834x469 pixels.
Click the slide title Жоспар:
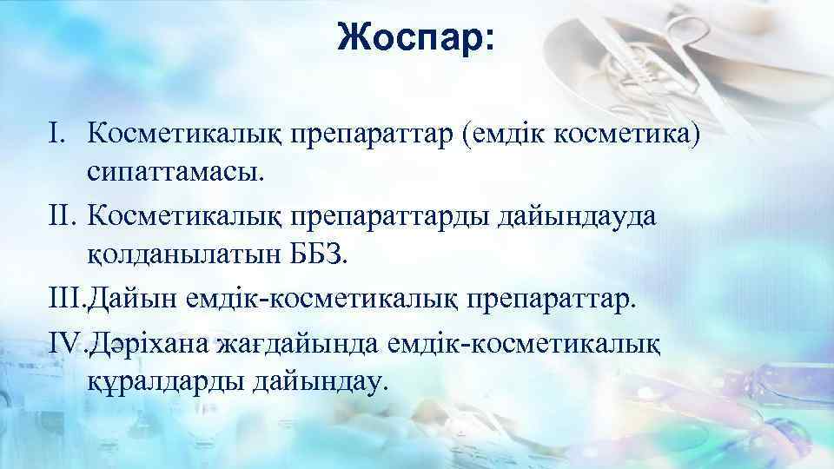coord(417,38)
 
